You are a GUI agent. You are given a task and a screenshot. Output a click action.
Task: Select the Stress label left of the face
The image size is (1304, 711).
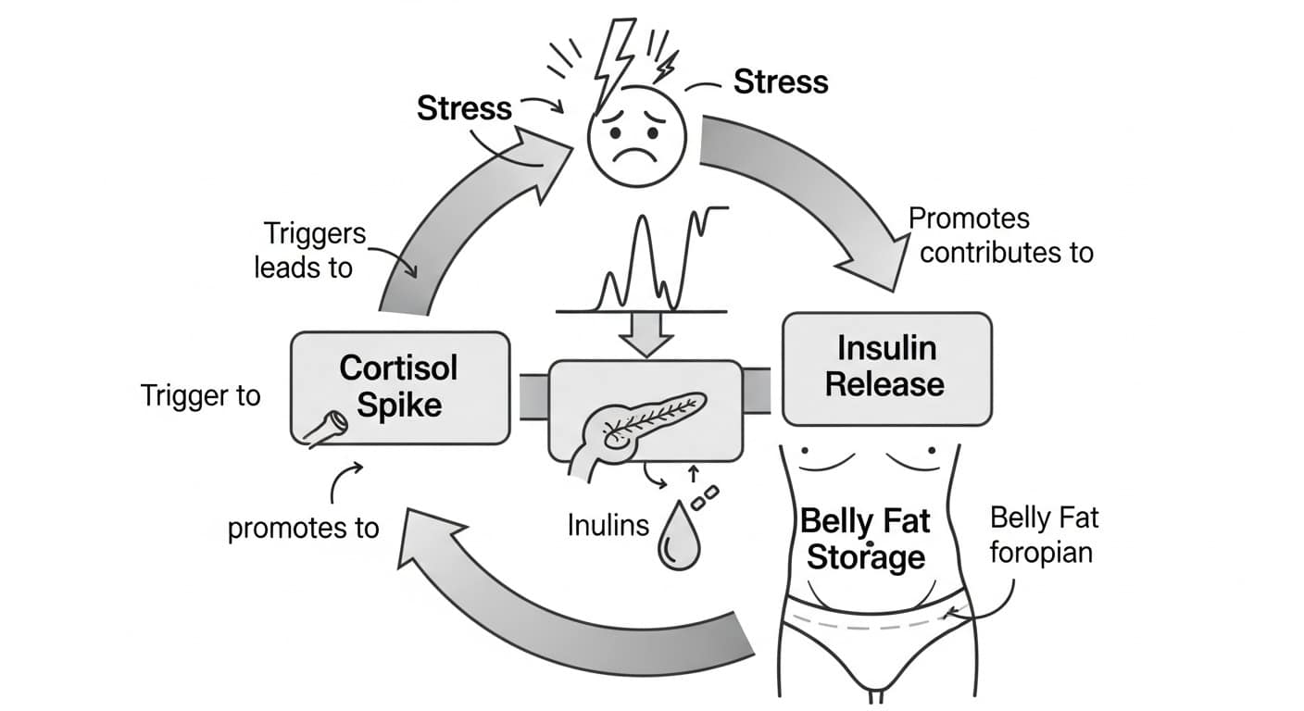(x=464, y=108)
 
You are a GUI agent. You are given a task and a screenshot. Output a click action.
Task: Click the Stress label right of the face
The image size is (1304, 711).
(x=781, y=82)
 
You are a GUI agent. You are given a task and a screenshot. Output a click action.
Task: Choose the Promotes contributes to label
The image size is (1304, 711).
(x=1000, y=235)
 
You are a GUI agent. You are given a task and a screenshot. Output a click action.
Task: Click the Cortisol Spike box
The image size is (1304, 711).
(x=399, y=386)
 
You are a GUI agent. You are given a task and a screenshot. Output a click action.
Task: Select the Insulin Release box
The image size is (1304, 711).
(x=886, y=368)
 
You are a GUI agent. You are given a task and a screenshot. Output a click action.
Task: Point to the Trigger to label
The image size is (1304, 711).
(x=201, y=396)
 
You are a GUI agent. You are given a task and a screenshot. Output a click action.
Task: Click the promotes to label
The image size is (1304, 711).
(x=303, y=528)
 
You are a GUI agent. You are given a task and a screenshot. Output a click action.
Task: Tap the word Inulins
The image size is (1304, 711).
(x=608, y=526)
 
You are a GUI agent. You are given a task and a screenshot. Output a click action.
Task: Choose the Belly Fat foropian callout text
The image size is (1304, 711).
(x=1043, y=535)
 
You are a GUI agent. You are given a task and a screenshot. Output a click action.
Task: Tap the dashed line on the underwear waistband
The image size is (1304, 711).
(x=871, y=622)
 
